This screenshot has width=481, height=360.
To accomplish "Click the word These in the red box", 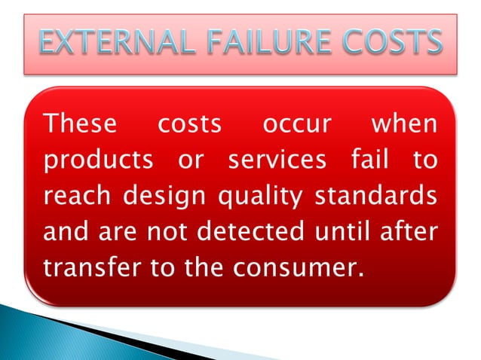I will [80, 124].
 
